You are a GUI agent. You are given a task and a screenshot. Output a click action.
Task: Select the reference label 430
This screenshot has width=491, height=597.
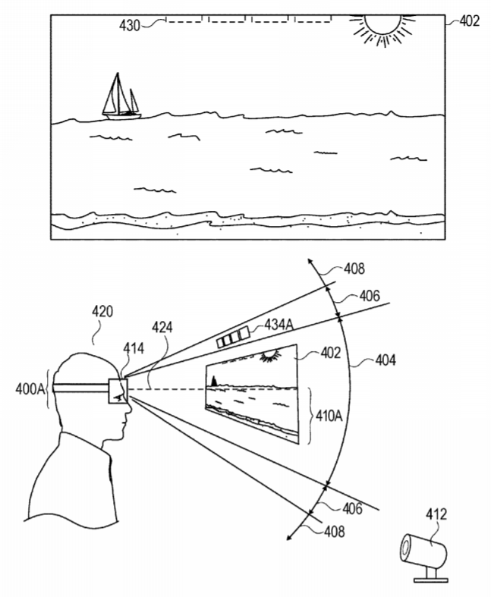[129, 25]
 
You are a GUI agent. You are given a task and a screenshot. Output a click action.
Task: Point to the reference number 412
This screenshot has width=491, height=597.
[436, 516]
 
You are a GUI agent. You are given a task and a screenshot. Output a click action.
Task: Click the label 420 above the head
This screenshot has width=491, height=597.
[102, 311]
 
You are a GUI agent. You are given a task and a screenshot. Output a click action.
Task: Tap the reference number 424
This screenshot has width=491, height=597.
[161, 327]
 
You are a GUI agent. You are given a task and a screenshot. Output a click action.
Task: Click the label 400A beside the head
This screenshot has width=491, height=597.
[29, 388]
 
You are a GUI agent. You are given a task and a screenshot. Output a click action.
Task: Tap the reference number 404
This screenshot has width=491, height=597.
[388, 360]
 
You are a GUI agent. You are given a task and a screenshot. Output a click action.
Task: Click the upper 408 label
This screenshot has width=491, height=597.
[353, 269]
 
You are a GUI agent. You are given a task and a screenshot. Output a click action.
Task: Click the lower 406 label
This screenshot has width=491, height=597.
[350, 507]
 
